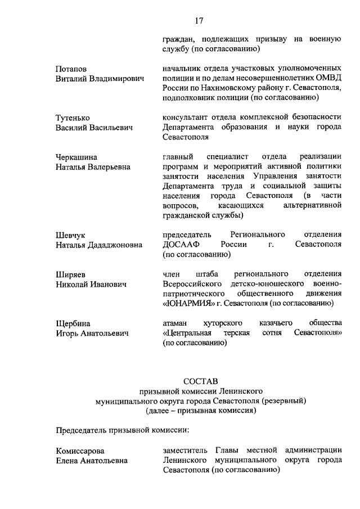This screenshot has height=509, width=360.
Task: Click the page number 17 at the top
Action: pyautogui.click(x=199, y=21)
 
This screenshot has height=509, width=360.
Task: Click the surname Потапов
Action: pyautogui.click(x=71, y=68)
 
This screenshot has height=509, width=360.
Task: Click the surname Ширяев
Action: pyautogui.click(x=70, y=274)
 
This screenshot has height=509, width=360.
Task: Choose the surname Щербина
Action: pyautogui.click(x=73, y=323)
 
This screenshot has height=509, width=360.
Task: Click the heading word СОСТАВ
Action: pyautogui.click(x=200, y=381)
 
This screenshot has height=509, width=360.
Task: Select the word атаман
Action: pyautogui.click(x=177, y=323)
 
